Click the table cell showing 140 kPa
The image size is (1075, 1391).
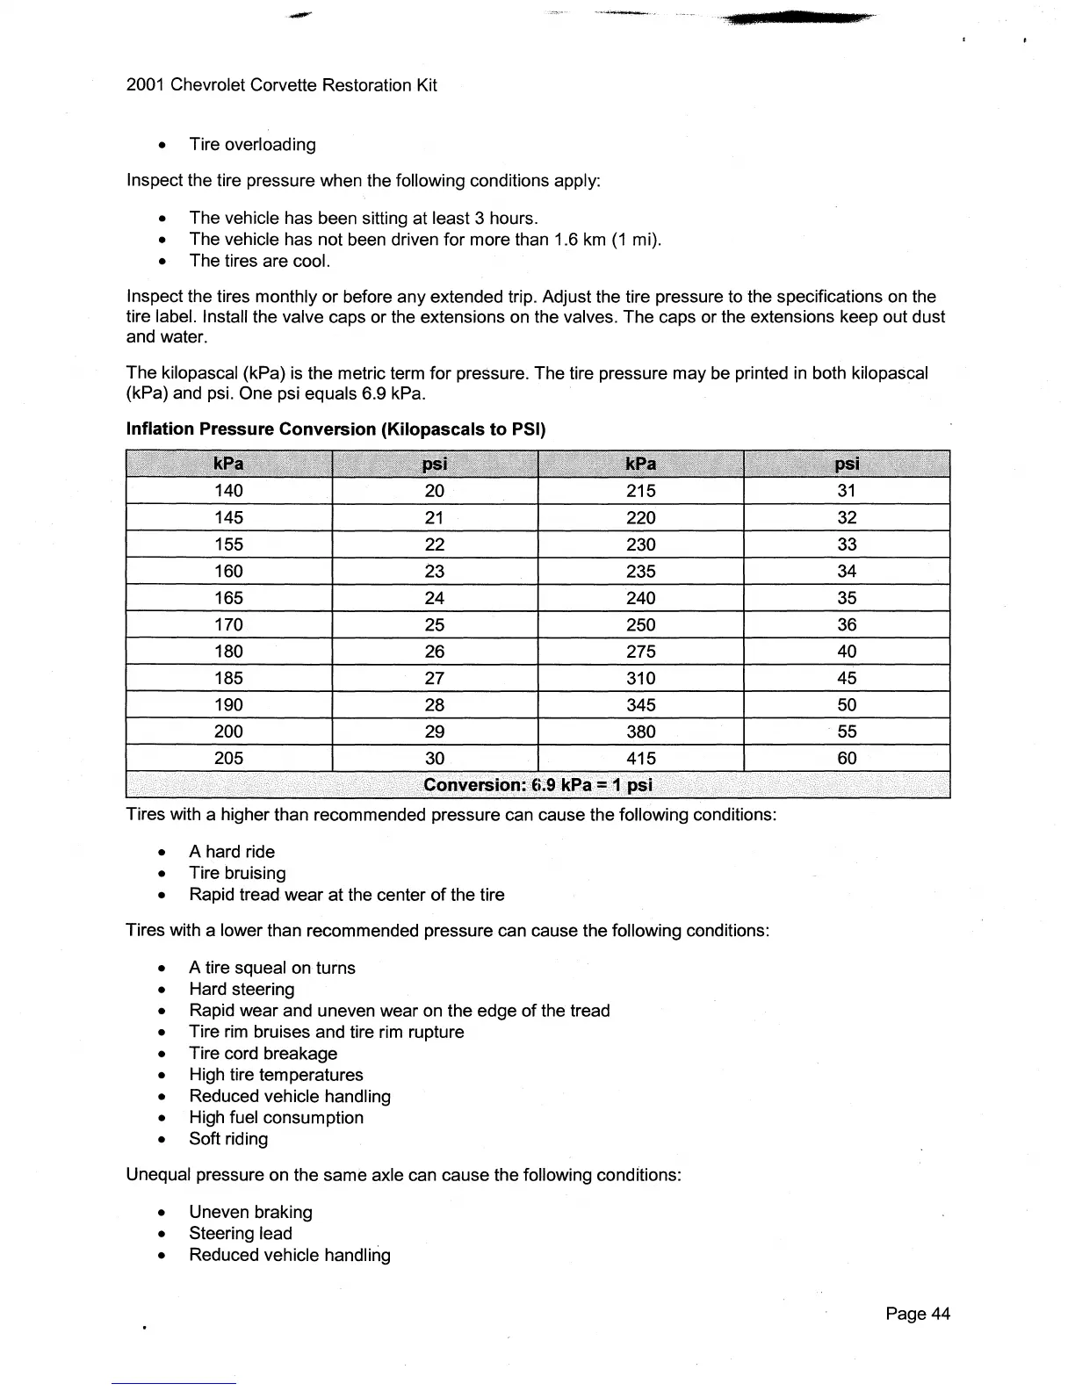228,491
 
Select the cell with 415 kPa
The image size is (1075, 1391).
641,758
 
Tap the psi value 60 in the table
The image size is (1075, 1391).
847,758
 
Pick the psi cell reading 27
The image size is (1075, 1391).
434,678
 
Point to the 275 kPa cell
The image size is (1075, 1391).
641,652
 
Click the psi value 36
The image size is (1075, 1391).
847,624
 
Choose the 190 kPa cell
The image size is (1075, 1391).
228,704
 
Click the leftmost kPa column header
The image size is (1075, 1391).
228,464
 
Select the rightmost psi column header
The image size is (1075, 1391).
847,464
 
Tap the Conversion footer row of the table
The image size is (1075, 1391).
537,785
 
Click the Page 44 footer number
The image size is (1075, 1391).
918,1314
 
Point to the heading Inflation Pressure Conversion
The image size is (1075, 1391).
336,429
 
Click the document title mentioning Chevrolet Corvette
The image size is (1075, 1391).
282,85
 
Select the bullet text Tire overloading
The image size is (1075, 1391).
252,145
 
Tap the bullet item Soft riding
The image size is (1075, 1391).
228,1139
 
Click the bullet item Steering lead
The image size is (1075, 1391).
240,1234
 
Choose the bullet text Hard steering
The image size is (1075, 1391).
242,990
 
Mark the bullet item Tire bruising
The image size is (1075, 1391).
237,874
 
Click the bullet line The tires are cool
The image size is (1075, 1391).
259,261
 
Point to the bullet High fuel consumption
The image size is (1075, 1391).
276,1118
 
